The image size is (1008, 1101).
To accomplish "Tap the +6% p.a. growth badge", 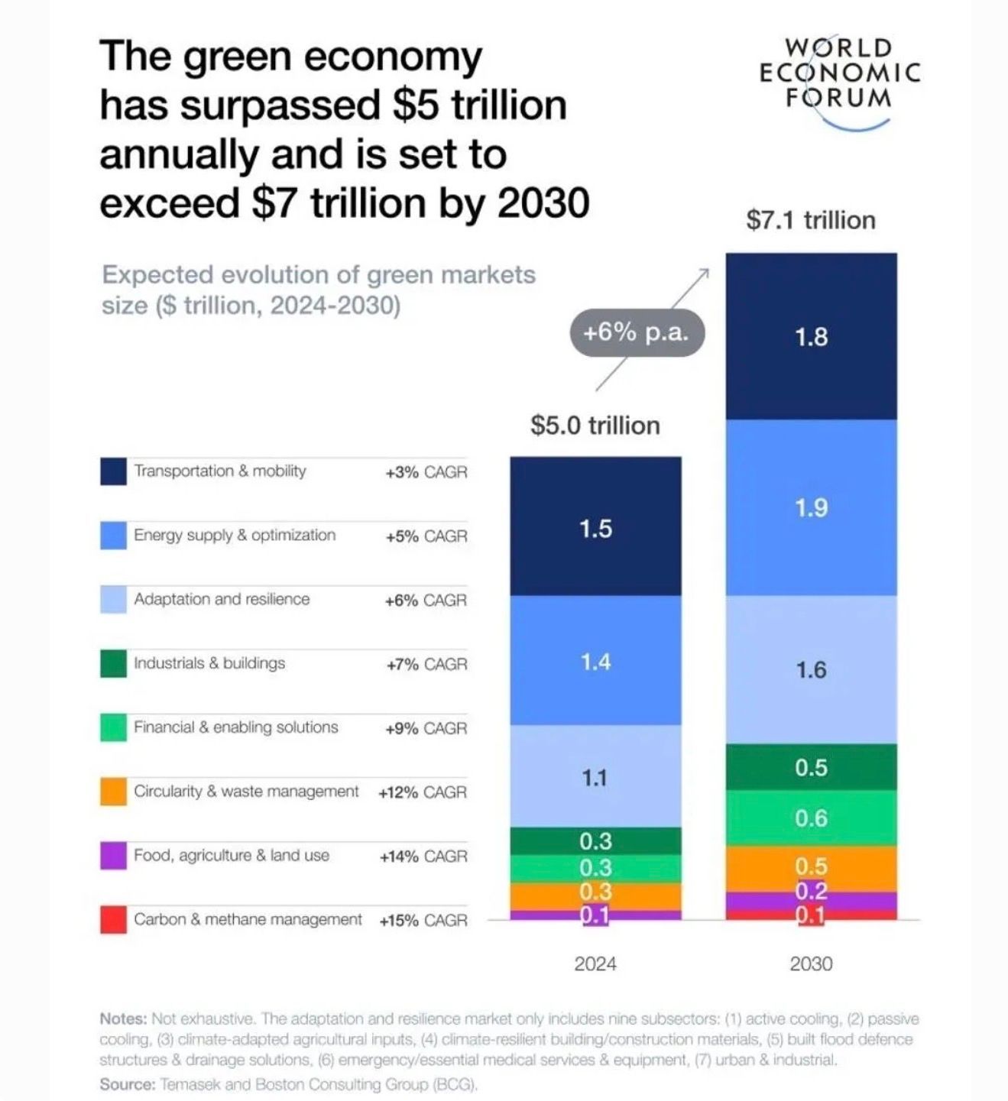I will point(636,333).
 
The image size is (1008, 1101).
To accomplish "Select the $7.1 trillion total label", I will point(811,220).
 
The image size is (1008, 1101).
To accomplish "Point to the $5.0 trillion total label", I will point(595,426).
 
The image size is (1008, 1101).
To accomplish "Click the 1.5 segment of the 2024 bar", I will point(595,528).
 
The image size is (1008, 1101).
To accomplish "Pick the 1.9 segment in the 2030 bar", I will point(811,508).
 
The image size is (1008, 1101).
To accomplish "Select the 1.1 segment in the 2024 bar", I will point(595,777).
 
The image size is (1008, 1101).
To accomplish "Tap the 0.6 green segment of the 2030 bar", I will point(811,818).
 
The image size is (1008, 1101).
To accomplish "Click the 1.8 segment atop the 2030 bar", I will point(811,337).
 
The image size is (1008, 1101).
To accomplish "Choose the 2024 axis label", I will point(595,964).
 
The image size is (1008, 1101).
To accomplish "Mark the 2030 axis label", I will point(811,964).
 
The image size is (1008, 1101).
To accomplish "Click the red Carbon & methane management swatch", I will point(113,919).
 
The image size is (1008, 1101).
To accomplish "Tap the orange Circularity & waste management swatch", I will point(113,792).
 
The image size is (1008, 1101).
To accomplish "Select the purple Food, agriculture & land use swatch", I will point(113,855).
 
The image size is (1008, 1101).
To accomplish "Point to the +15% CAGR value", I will point(423,920).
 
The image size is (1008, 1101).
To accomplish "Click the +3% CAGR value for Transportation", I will point(426,472).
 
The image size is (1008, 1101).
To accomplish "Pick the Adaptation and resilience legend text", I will point(222,599).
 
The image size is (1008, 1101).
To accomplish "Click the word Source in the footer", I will point(127,1084).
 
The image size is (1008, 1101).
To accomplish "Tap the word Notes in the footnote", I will point(122,1018).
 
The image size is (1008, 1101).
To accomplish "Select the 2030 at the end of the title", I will point(543,203).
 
